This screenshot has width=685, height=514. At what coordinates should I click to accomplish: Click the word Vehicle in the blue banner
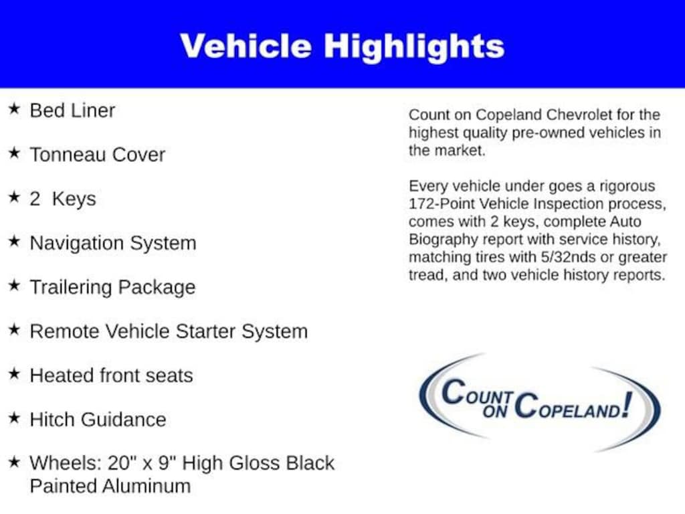click(246, 46)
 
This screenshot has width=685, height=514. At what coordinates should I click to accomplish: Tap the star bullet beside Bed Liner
click(14, 109)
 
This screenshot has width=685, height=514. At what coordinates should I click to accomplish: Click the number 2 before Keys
click(35, 199)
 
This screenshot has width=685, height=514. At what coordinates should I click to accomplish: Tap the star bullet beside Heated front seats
click(14, 373)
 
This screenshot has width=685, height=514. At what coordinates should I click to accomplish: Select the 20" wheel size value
click(119, 463)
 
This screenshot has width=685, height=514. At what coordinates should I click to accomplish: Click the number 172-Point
click(442, 204)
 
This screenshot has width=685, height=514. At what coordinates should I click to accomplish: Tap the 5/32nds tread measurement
click(568, 258)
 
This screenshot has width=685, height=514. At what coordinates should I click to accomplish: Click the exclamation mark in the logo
click(627, 405)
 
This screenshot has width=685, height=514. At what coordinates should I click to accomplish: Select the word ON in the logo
click(495, 411)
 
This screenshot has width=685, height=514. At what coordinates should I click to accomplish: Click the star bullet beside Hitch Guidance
click(14, 418)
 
